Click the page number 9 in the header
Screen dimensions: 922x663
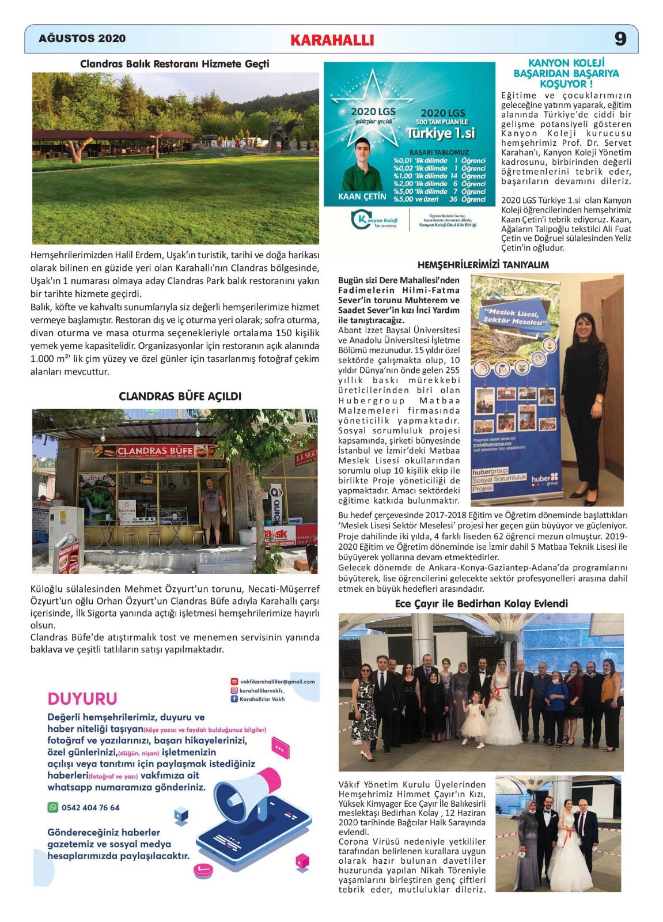[620, 39]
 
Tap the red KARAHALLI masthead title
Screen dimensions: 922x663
[332, 40]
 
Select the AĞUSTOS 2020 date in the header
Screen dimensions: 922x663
[82, 39]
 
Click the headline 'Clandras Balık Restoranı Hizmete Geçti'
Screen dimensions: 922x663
[175, 64]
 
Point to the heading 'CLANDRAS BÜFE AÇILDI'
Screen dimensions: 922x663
[180, 396]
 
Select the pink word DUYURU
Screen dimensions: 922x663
[82, 698]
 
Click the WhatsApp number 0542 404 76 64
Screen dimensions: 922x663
[90, 807]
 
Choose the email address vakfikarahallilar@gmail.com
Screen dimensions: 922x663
[277, 682]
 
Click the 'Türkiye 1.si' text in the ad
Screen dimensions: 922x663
[441, 133]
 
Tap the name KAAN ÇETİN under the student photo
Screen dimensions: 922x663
[362, 197]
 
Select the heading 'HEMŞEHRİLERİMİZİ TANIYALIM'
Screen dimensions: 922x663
[483, 265]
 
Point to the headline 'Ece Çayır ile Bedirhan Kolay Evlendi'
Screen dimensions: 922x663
[481, 603]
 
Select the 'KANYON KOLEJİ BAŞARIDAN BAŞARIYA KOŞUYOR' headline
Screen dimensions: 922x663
[566, 73]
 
